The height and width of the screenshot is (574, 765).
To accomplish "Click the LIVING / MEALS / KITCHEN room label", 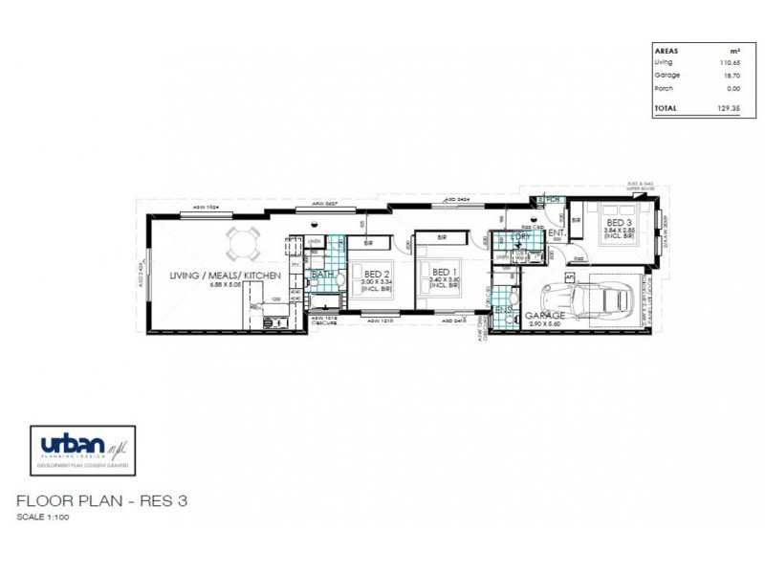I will point(224,275).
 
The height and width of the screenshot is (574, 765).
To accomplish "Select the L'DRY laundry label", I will point(521,235).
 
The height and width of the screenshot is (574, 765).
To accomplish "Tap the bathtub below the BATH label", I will point(323,303).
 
